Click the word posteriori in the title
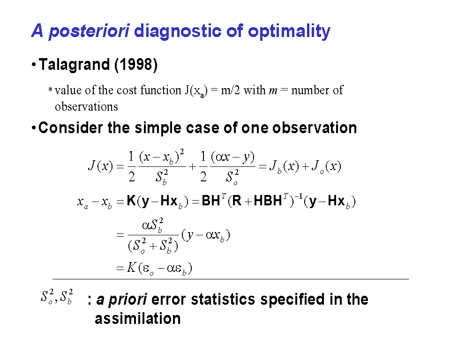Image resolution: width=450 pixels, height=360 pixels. pos(89,31)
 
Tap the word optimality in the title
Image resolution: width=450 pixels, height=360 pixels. pos(289,31)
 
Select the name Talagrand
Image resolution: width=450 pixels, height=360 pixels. pos(74,65)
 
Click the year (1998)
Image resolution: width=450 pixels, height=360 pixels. pos(136,65)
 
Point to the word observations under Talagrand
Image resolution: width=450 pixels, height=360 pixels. pos(86,106)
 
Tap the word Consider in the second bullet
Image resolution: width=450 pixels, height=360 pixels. pos(70,127)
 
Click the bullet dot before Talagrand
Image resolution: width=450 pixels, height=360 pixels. pos(34,65)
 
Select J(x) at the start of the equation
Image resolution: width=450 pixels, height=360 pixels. pos(100,166)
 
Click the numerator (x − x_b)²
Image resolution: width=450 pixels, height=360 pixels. pos(162,157)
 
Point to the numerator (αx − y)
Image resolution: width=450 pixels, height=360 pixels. pos(233,157)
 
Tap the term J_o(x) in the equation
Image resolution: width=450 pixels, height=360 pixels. pos(327,166)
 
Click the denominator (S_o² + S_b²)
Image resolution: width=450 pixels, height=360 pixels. pos(153,246)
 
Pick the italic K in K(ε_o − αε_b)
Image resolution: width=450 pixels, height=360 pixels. pos(131,268)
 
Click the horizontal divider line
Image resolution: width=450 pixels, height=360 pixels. pos(231,279)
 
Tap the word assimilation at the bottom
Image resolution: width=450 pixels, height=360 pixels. pos(138,319)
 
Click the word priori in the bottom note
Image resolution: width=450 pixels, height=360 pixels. pos(128,300)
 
